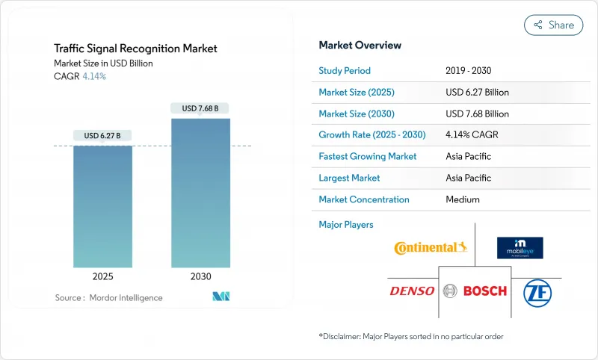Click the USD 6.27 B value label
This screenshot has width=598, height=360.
(x=102, y=135)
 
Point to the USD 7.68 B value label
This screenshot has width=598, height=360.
(x=200, y=108)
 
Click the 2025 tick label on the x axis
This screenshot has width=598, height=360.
(x=102, y=276)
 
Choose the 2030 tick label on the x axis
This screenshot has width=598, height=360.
(x=200, y=276)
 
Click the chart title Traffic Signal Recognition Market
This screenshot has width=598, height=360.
(x=135, y=49)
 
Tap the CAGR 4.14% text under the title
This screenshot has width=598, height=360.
(x=80, y=76)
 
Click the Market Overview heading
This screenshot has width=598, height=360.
(x=360, y=45)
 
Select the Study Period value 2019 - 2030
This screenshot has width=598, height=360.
(x=469, y=70)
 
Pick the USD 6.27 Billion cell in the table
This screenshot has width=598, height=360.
(x=477, y=92)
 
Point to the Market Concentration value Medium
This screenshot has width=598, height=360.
(x=462, y=199)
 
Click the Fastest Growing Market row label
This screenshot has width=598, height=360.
(x=368, y=157)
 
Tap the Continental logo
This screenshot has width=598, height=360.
(x=431, y=247)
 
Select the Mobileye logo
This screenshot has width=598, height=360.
(x=520, y=247)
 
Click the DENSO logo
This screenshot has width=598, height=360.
(x=412, y=291)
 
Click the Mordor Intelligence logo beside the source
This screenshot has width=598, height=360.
(x=221, y=297)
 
